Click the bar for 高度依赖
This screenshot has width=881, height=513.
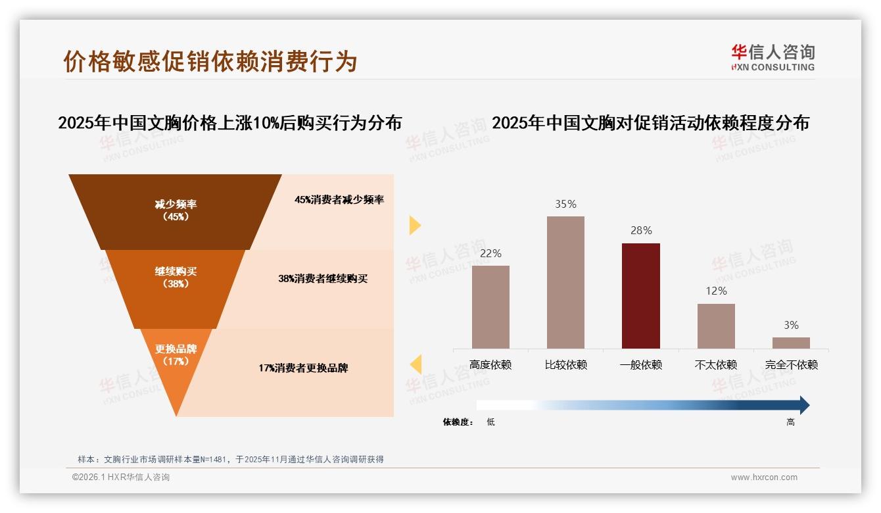pyautogui.click(x=490, y=306)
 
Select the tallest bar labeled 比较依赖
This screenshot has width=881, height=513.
pyautogui.click(x=565, y=282)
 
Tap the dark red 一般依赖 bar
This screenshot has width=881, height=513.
pyautogui.click(x=640, y=295)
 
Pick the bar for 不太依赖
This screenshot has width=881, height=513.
pyautogui.click(x=716, y=326)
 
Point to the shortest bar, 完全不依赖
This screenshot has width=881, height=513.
pyautogui.click(x=791, y=343)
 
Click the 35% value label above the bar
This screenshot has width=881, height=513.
pyautogui.click(x=565, y=205)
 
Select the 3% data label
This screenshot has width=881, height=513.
pyautogui.click(x=791, y=325)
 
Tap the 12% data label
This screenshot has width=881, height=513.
pyautogui.click(x=716, y=291)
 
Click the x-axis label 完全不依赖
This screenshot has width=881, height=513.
pyautogui.click(x=791, y=365)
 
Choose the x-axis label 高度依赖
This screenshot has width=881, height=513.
pyautogui.click(x=490, y=365)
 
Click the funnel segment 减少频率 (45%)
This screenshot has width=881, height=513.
pyautogui.click(x=176, y=210)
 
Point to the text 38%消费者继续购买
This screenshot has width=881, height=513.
pyautogui.click(x=323, y=279)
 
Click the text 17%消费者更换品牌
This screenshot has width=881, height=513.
pyautogui.click(x=303, y=368)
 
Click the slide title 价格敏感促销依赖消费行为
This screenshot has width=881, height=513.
pyautogui.click(x=210, y=61)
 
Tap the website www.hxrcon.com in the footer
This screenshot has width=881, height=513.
pyautogui.click(x=764, y=477)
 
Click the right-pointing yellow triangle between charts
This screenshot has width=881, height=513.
pyautogui.click(x=415, y=226)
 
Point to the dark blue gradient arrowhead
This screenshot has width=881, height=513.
pyautogui.click(x=803, y=405)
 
